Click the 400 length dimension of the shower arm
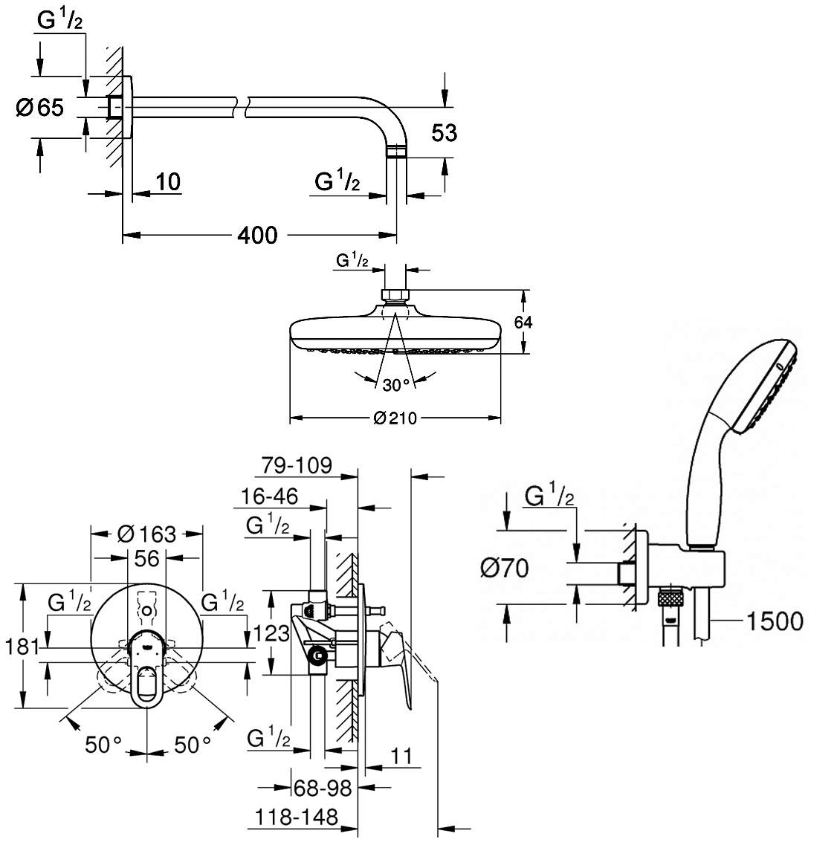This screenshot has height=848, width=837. tap(257, 236)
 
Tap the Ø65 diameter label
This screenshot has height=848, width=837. tap(40, 107)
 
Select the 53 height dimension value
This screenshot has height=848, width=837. tap(445, 132)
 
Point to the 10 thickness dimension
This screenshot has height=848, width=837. tap(168, 181)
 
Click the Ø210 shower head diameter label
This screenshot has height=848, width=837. tap(395, 418)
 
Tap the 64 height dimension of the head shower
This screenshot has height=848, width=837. tap(523, 323)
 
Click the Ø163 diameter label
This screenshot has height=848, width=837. tap(147, 534)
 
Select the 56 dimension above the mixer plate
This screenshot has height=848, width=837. tap(147, 558)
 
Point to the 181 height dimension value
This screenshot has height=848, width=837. tap(22, 647)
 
